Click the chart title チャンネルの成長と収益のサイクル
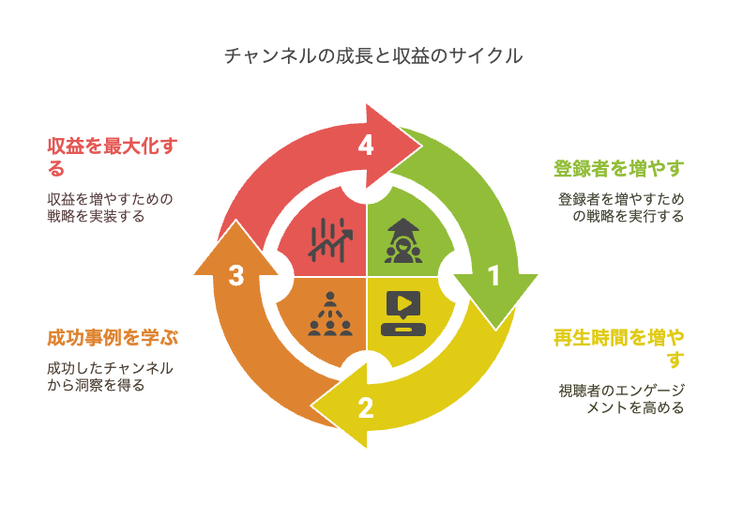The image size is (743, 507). click(372, 56)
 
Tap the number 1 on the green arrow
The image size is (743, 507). click(493, 275)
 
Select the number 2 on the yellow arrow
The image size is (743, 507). click(366, 407)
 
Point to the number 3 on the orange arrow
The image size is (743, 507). click(236, 275)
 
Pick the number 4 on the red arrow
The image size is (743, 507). click(366, 146)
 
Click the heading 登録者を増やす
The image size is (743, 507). click(618, 169)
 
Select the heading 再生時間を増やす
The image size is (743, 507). click(618, 347)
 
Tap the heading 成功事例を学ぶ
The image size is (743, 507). click(113, 337)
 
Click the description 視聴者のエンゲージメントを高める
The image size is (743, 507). click(621, 399)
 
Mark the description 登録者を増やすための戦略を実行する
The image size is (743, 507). click(621, 207)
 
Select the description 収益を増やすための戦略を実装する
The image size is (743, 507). click(110, 207)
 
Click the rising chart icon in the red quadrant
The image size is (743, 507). click(329, 240)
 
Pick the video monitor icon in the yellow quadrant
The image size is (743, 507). click(403, 314)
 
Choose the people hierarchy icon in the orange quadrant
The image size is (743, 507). click(329, 315)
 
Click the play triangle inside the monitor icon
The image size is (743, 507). click(404, 304)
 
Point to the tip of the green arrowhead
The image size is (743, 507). click(494, 324)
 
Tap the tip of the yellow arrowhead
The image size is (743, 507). click(311, 407)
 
